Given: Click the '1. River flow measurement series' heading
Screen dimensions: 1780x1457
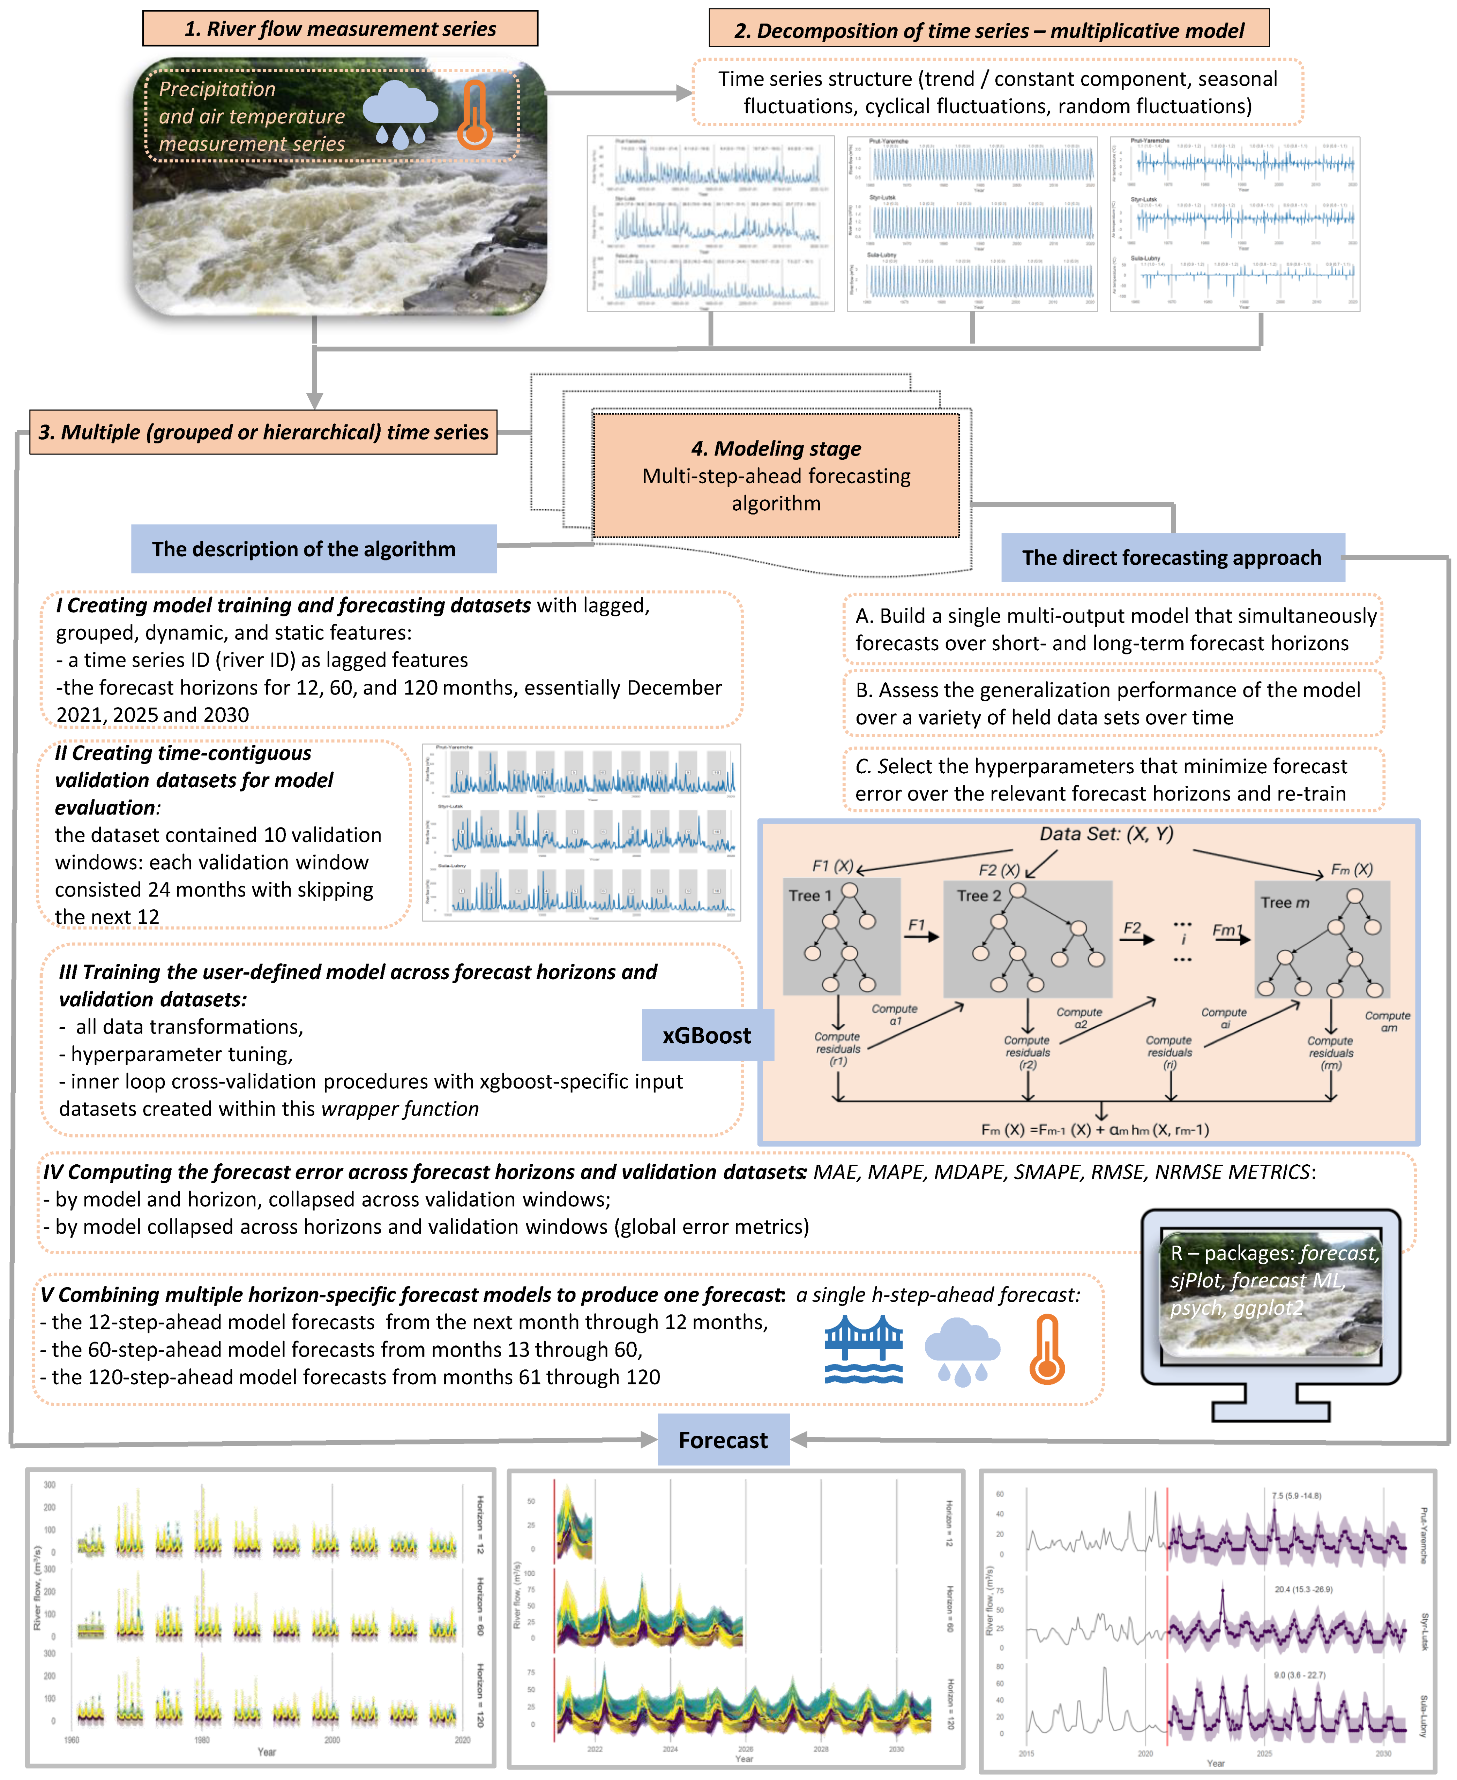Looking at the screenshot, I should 340,29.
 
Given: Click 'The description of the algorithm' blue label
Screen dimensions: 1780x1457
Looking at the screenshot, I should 304,549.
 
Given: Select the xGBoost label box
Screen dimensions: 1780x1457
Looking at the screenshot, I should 707,1036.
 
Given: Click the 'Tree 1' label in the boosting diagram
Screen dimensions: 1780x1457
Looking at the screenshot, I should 810,895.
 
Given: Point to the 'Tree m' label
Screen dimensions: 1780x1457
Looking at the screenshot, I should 1284,902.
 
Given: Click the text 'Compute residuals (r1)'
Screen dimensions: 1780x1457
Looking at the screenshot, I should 838,1049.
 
